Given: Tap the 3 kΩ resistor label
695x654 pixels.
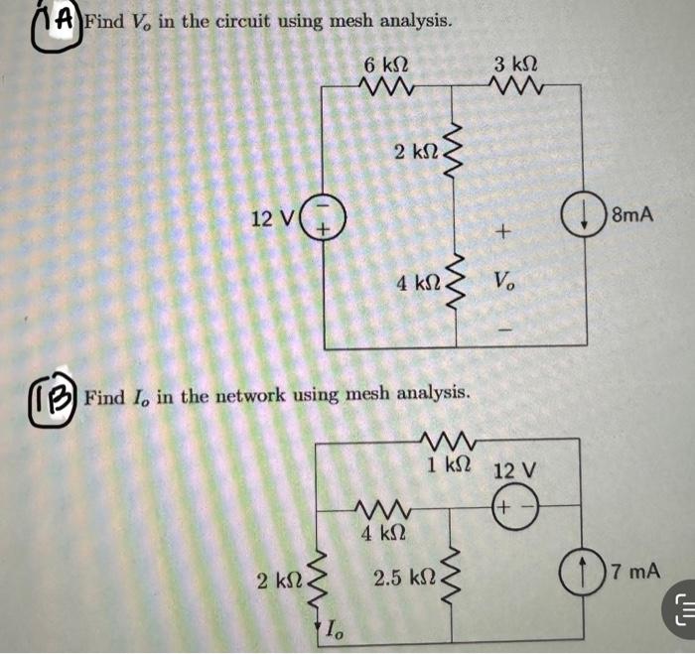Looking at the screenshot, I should click(514, 66).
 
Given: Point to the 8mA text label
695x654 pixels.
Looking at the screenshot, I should click(632, 214).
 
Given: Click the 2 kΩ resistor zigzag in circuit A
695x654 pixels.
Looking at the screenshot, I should click(456, 151).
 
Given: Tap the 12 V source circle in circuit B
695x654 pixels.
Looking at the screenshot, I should click(512, 506).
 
